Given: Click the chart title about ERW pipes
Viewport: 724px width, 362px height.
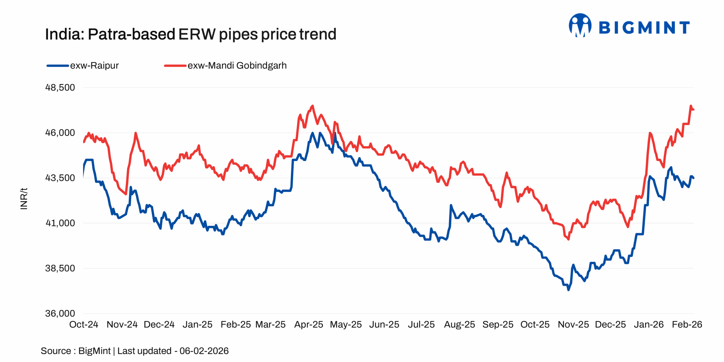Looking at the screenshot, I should click(191, 34).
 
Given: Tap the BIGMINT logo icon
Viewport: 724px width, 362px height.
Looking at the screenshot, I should click(580, 26).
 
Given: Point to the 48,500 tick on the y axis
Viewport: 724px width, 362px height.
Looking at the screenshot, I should click(60, 87).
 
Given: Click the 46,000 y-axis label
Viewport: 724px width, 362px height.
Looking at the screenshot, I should click(60, 133).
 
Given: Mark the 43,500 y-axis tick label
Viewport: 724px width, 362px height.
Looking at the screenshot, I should click(60, 178).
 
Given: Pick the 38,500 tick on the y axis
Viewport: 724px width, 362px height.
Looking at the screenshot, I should click(60, 268).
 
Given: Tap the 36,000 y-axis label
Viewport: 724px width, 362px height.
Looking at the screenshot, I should click(60, 313).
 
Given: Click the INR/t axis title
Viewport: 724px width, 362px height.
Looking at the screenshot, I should click(24, 199).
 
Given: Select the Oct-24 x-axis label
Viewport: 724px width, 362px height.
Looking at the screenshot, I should click(84, 324).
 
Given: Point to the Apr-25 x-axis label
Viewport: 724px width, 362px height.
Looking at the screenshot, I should click(309, 324).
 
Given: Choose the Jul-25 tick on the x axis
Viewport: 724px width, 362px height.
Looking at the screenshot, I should click(421, 324).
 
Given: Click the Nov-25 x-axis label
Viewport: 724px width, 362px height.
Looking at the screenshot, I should click(573, 324).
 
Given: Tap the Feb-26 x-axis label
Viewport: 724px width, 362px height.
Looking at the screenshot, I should click(687, 324).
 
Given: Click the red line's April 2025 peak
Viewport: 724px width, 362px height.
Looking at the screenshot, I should click(313, 106).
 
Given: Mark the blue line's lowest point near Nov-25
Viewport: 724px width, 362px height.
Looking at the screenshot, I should click(568, 290).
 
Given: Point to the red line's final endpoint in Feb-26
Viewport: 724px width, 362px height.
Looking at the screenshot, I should click(693, 109).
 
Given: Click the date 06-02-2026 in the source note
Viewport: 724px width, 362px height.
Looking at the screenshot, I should click(204, 351).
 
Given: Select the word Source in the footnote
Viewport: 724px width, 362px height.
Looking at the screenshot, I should click(56, 351).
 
